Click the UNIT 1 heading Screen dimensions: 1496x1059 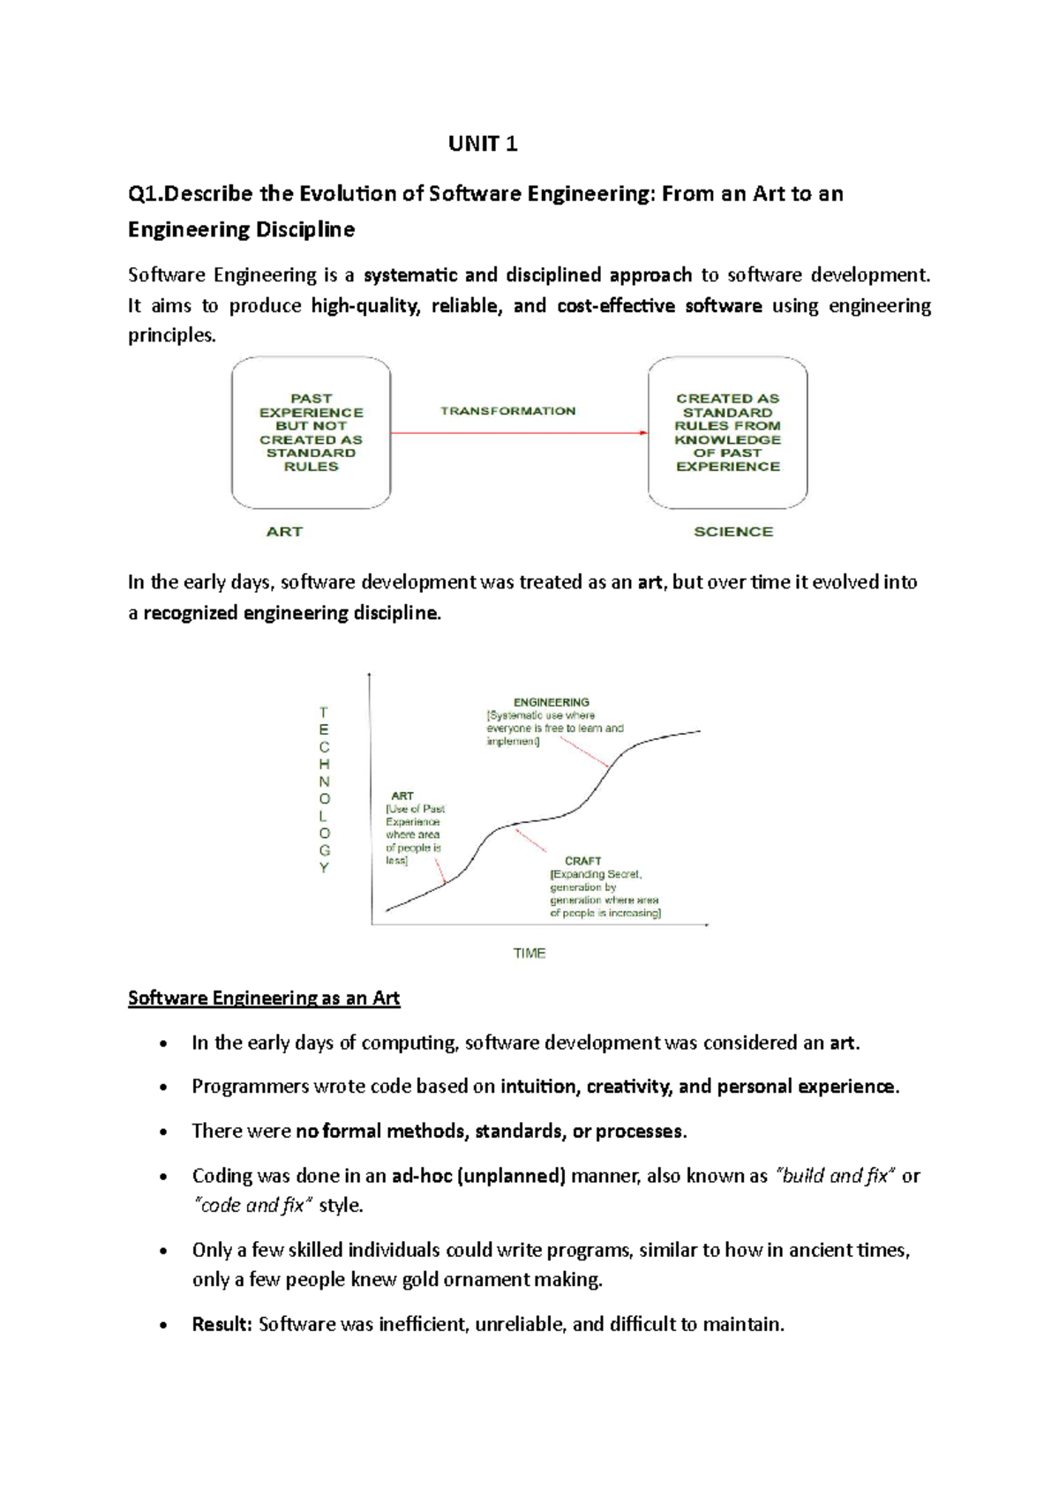483,144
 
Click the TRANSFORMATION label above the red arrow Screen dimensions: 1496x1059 507,411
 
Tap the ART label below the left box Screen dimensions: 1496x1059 284,532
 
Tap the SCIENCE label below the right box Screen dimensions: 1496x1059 732,532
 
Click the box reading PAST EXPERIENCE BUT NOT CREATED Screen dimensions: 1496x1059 311,432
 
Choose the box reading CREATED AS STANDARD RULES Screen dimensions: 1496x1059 728,432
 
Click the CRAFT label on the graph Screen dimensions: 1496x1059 582,861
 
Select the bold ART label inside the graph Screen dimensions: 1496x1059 402,796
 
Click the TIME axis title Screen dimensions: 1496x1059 529,954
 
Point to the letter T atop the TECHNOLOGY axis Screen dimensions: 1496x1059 324,712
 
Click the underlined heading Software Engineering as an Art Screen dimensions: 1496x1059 264,999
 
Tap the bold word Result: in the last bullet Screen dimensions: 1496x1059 222,1324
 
